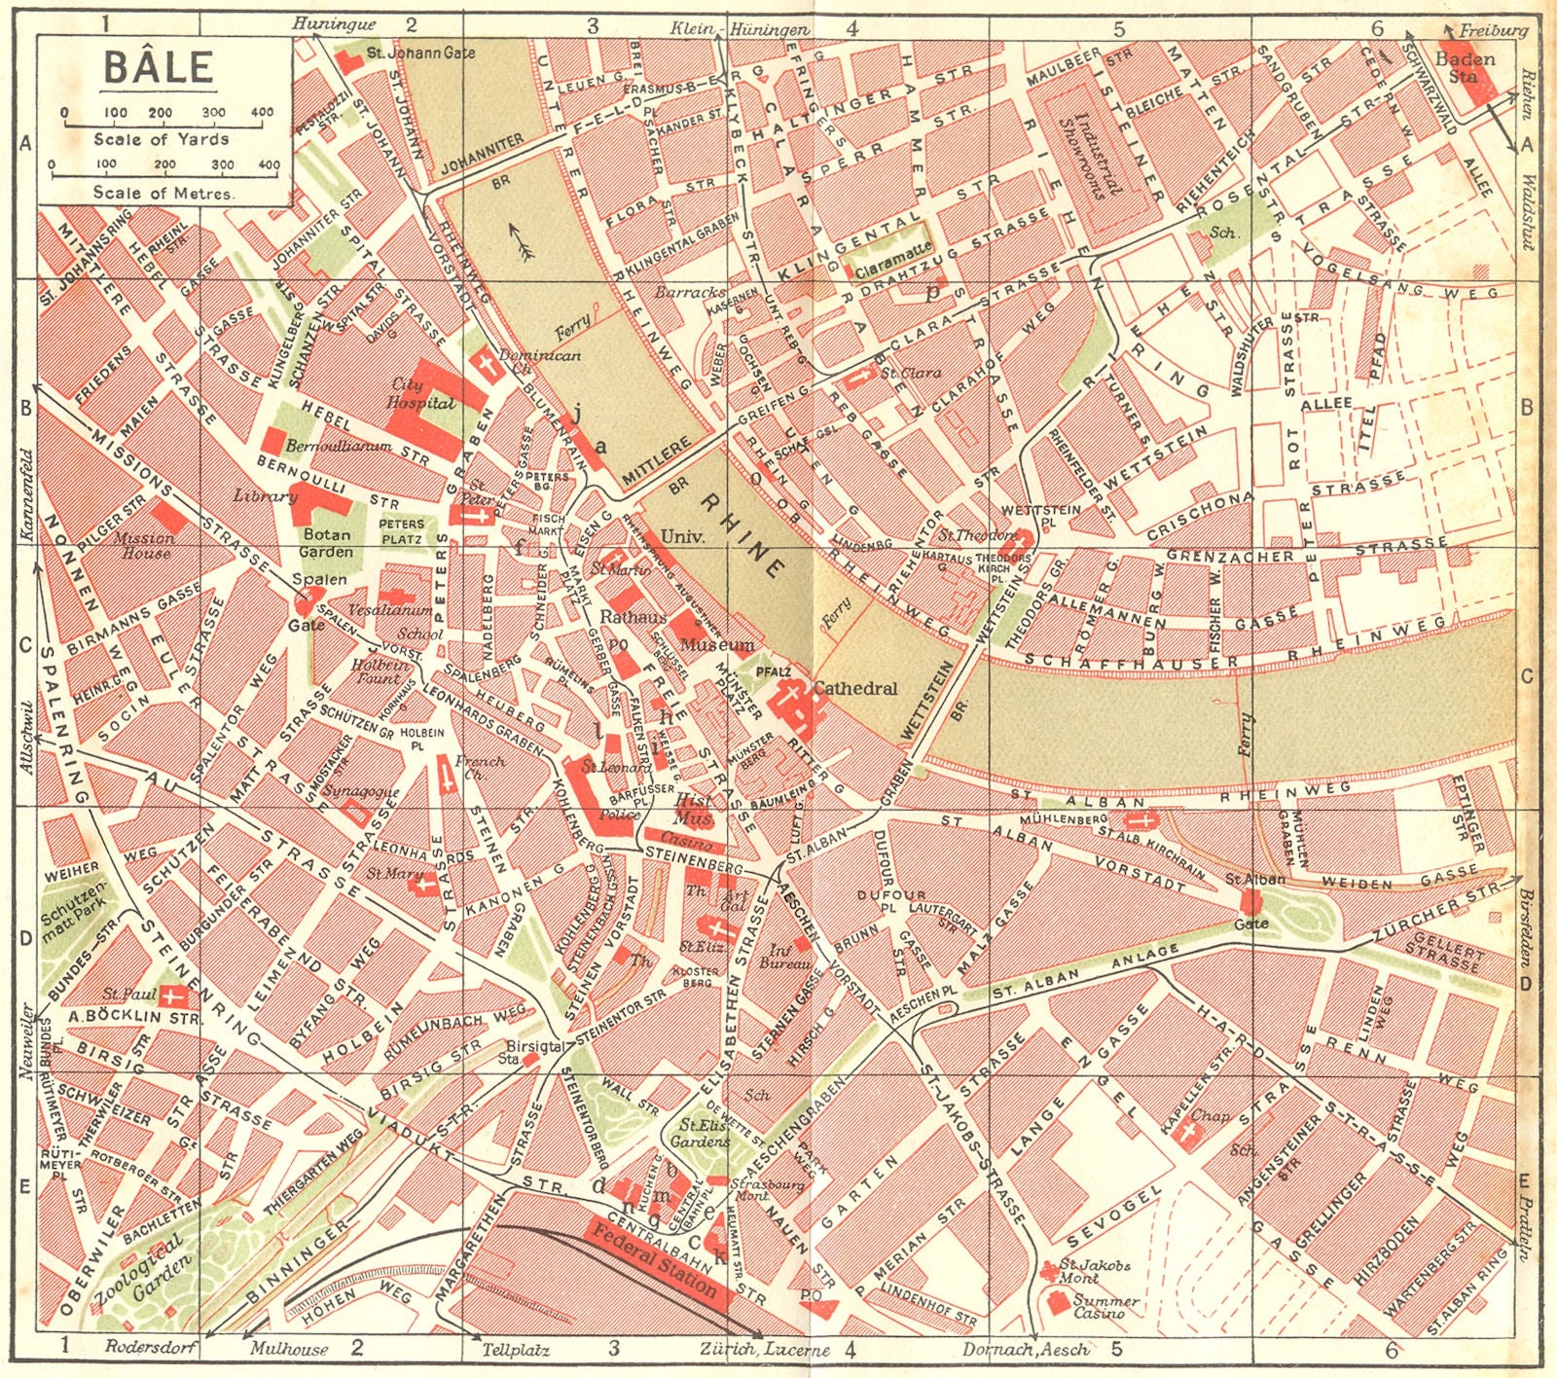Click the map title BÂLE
(x=158, y=67)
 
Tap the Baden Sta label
(x=1465, y=67)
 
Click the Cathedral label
(x=855, y=688)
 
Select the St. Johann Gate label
(x=419, y=53)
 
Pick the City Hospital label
(x=420, y=393)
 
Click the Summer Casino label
(x=1104, y=1307)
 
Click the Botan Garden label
(x=327, y=543)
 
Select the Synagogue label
(x=360, y=791)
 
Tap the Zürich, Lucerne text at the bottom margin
(x=764, y=1350)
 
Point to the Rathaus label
(x=633, y=617)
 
